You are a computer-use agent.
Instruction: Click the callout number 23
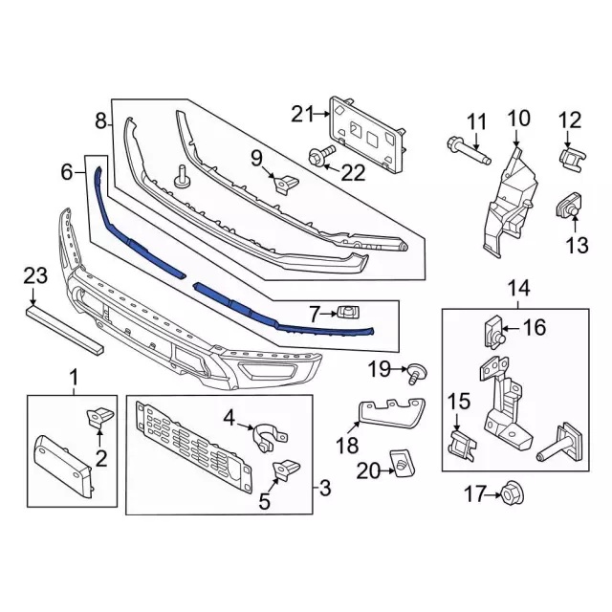coord(34,275)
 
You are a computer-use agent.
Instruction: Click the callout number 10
coord(517,120)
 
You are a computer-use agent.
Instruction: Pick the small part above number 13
coord(569,205)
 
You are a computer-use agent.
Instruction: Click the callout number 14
coord(517,288)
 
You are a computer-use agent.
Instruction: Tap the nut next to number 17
coord(508,494)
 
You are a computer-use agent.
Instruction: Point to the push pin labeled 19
coord(417,371)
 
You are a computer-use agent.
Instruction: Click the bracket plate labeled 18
coord(392,414)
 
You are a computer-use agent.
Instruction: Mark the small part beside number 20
coord(403,465)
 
